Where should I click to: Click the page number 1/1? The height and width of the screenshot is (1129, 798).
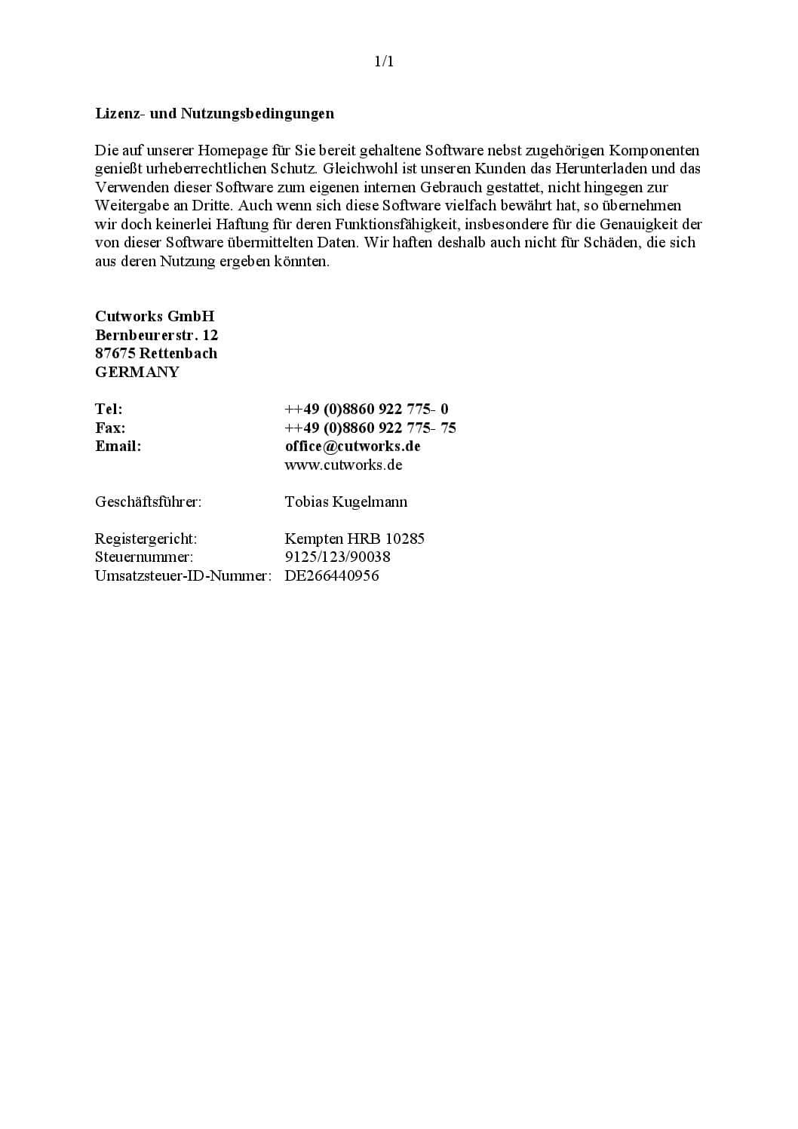click(384, 62)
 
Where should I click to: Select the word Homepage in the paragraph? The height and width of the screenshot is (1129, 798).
click(232, 151)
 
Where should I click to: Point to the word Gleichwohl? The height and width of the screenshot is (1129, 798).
click(358, 169)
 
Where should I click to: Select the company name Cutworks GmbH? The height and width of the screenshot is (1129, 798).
click(155, 316)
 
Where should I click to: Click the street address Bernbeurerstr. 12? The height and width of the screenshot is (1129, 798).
click(156, 335)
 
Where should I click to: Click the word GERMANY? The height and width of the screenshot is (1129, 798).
click(137, 372)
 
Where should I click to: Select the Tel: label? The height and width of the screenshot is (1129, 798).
click(109, 409)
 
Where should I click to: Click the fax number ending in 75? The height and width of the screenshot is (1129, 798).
click(370, 428)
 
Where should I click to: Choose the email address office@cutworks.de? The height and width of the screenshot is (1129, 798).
click(352, 446)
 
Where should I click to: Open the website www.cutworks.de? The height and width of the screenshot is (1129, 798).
click(343, 465)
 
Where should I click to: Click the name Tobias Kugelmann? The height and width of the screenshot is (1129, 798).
click(345, 502)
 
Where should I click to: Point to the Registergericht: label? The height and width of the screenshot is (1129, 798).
click(146, 538)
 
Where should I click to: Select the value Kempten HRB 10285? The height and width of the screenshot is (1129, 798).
click(354, 538)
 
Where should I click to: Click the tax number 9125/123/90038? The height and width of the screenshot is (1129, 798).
click(337, 557)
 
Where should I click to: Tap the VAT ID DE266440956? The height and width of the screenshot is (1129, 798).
click(331, 575)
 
